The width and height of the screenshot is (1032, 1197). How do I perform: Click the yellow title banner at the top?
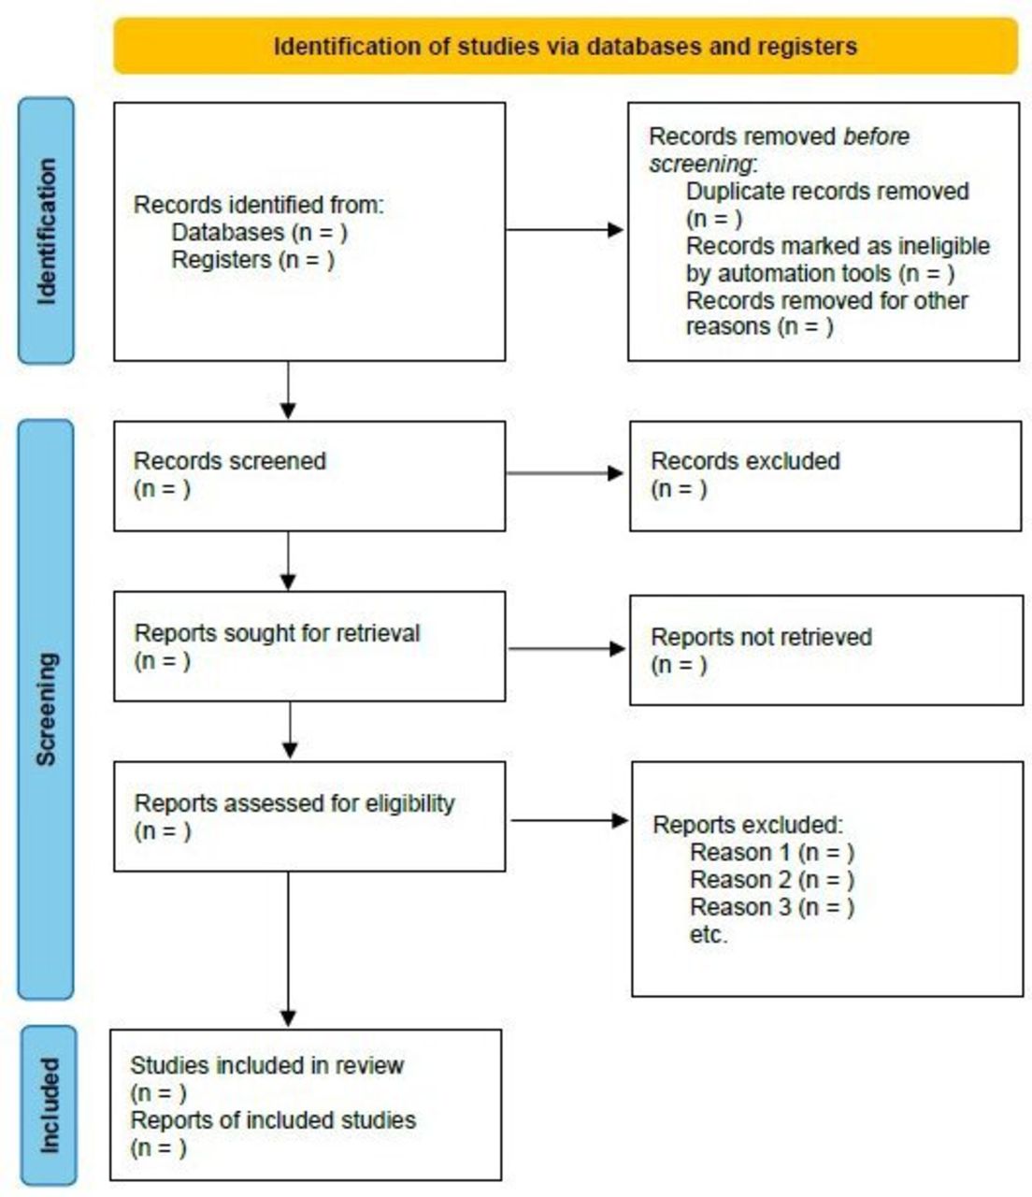566,47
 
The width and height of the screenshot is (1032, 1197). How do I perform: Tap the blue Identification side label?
47,231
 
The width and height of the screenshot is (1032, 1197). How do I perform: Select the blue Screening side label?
46,710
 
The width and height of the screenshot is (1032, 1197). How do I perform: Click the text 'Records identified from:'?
259,205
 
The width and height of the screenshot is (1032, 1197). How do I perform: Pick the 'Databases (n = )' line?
259,232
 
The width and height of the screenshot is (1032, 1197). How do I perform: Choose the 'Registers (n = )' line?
253,259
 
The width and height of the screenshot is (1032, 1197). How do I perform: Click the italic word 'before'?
876,137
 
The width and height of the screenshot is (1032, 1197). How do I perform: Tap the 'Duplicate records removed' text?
827,191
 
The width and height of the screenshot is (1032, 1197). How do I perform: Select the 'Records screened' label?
230,461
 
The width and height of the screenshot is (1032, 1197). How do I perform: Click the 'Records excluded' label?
746,461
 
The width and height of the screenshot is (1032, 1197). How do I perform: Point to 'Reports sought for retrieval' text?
277,633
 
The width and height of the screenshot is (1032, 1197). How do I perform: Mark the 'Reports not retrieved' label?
761,637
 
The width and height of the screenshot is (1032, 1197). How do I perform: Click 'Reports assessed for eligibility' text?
294,803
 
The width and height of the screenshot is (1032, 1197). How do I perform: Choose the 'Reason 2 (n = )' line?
772,880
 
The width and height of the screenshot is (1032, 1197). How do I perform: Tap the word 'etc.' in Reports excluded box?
709,934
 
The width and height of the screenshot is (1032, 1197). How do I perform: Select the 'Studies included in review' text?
266,1065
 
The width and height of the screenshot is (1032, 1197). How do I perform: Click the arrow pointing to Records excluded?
565,473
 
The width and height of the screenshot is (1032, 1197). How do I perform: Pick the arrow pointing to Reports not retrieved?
566,649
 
